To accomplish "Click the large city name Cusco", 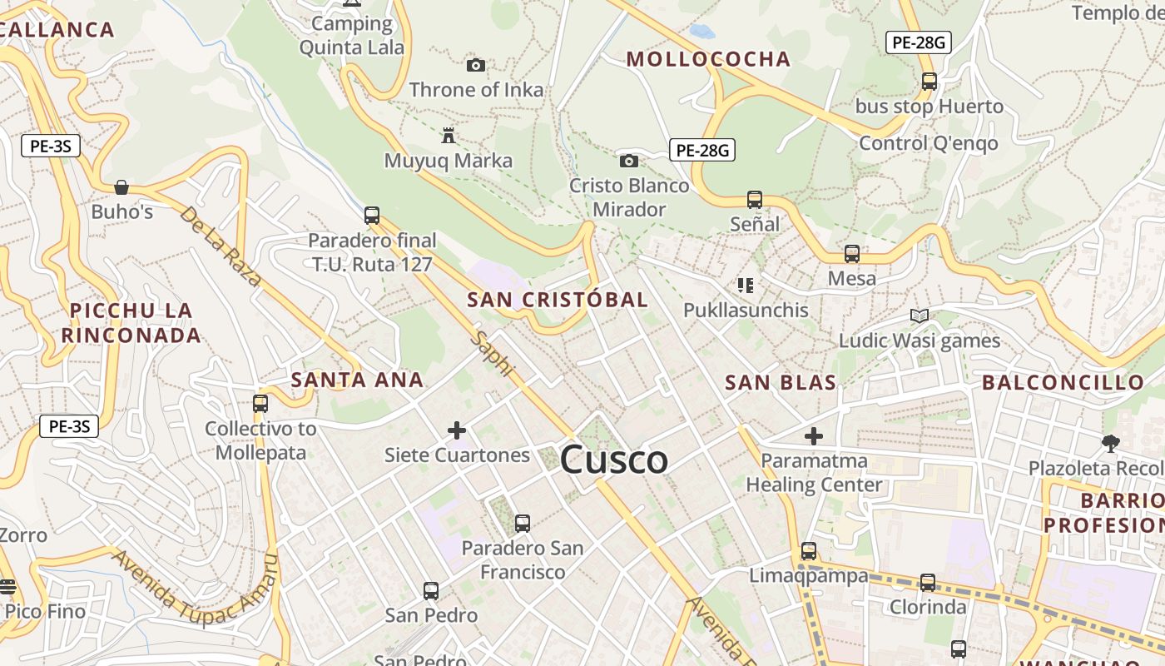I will pyautogui.click(x=614, y=460).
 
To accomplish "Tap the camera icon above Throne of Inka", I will pyautogui.click(x=476, y=65).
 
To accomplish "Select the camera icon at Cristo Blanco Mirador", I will pyautogui.click(x=629, y=161).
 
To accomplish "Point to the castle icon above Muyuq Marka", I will pyautogui.click(x=449, y=135).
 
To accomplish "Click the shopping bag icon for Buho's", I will pyautogui.click(x=121, y=186).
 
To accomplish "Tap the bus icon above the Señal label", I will pyautogui.click(x=755, y=200).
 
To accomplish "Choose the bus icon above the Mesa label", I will pyautogui.click(x=852, y=254).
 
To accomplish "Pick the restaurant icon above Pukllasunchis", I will pyautogui.click(x=746, y=286).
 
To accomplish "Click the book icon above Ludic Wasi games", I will pyautogui.click(x=920, y=316).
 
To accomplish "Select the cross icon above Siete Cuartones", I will pyautogui.click(x=457, y=430).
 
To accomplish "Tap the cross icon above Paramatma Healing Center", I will pyautogui.click(x=814, y=435).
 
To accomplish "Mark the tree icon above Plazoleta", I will pyautogui.click(x=1110, y=443).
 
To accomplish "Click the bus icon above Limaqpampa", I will pyautogui.click(x=809, y=550).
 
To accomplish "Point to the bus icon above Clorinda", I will pyautogui.click(x=928, y=583).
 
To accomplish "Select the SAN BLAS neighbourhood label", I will pyautogui.click(x=781, y=383).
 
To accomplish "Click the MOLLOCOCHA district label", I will pyautogui.click(x=708, y=59).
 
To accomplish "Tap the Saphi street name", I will pyautogui.click(x=493, y=354).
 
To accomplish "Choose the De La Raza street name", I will pyautogui.click(x=221, y=246).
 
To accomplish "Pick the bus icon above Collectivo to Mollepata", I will pyautogui.click(x=260, y=404).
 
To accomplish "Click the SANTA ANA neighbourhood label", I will pyautogui.click(x=357, y=380).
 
